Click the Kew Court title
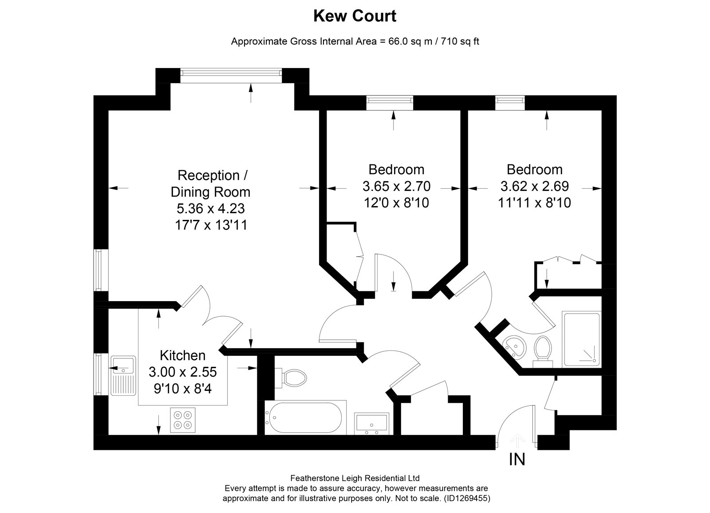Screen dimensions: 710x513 click(355, 16)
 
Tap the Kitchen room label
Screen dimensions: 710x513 click(182, 355)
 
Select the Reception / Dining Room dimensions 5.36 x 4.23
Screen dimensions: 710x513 click(210, 208)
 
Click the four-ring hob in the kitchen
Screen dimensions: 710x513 click(182, 420)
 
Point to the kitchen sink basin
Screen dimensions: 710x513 click(123, 365)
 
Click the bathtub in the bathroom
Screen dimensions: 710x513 click(304, 418)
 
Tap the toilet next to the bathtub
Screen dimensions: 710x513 click(291, 378)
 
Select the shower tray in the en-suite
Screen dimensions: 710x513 click(581, 339)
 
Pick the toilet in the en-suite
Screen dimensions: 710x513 click(543, 351)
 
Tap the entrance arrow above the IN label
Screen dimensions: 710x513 click(517, 441)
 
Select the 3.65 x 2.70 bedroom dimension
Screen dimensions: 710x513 click(396, 186)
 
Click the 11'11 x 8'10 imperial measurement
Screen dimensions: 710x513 click(534, 203)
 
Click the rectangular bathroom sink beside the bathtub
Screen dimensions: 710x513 click(371, 424)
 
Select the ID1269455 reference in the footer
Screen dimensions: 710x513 click(467, 498)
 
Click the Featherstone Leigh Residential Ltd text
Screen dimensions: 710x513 click(355, 478)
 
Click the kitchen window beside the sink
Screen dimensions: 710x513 click(97, 374)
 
